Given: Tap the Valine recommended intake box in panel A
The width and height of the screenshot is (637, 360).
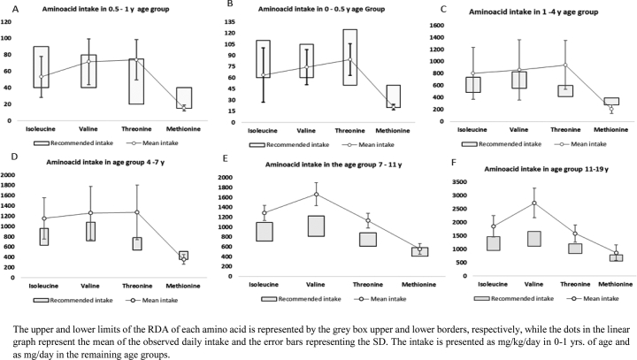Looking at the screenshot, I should click(88, 71).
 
